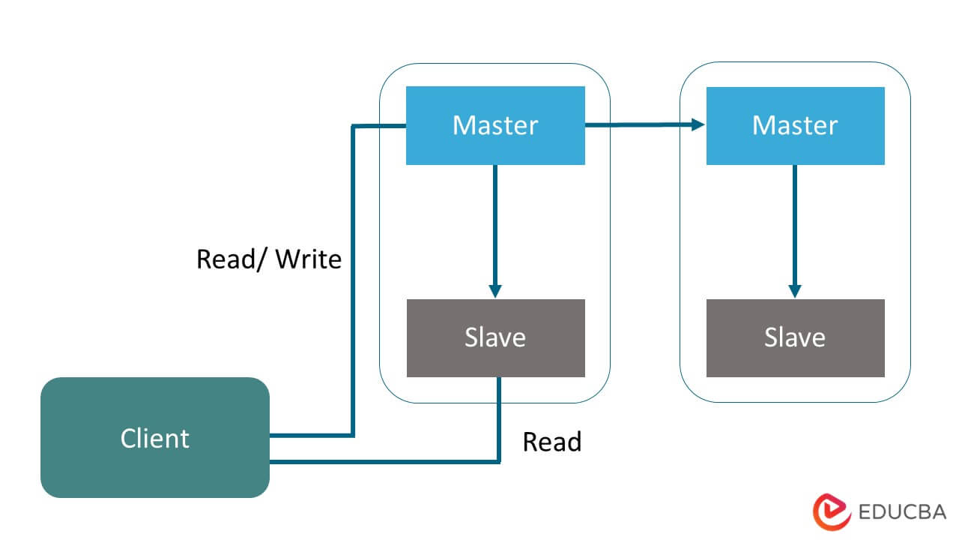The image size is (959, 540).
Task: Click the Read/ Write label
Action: (268, 259)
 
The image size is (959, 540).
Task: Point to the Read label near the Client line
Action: (551, 442)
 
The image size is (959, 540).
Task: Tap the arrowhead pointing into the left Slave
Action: (494, 291)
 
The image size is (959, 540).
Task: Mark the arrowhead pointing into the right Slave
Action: (795, 291)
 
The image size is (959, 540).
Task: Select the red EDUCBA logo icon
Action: (832, 512)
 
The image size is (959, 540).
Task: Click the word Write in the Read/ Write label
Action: (308, 259)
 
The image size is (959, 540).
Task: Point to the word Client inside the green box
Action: (154, 438)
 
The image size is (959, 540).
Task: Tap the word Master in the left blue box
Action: (495, 125)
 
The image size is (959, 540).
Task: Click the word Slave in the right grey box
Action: (795, 337)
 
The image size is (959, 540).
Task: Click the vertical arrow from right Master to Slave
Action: (795, 225)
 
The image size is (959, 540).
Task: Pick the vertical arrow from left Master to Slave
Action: (494, 225)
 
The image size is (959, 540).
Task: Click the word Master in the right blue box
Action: (795, 125)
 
